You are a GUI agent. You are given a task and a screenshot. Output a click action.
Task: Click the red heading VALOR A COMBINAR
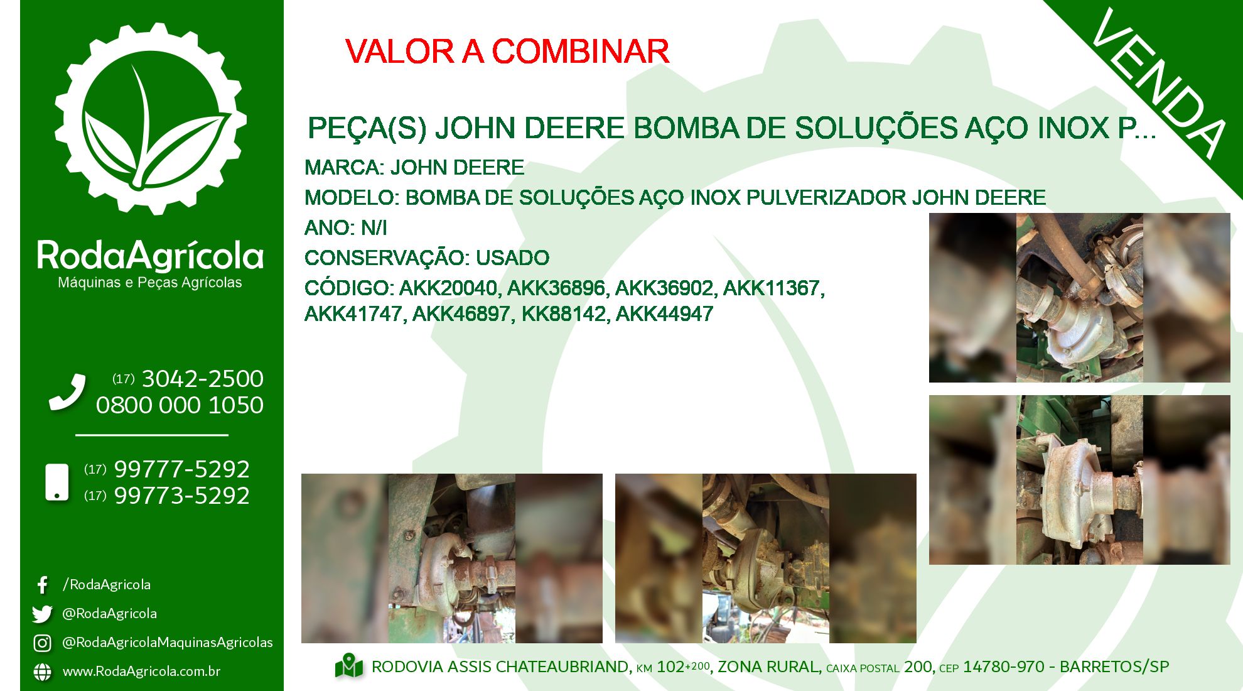click(507, 52)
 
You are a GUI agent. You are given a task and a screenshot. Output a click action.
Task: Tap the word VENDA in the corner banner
click(1158, 84)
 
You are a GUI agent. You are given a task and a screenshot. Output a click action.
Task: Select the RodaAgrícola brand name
click(150, 256)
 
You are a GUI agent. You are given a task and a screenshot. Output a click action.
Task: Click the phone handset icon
click(67, 393)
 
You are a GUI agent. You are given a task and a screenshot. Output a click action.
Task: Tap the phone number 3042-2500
click(203, 379)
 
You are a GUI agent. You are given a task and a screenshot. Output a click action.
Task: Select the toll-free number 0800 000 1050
click(180, 405)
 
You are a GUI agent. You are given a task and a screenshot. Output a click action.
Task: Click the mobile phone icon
click(57, 482)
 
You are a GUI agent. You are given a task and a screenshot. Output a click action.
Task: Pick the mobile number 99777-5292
click(182, 469)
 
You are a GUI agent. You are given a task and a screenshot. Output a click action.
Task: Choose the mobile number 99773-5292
click(182, 496)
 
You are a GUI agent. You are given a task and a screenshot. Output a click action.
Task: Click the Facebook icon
click(42, 585)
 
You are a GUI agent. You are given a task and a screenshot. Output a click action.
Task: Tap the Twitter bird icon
click(42, 614)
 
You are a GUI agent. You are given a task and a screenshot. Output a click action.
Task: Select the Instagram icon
click(42, 643)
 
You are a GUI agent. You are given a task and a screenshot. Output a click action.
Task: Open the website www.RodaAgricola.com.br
click(141, 672)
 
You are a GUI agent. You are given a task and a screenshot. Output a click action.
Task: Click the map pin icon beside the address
click(349, 667)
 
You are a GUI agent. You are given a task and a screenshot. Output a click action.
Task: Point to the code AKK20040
click(448, 288)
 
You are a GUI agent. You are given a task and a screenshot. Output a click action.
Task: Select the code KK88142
click(563, 314)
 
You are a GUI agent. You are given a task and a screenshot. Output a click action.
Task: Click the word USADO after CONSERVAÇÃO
click(512, 258)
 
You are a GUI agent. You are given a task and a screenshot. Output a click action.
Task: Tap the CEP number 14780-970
click(1003, 667)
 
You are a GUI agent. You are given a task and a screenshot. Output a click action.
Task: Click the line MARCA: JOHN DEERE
click(414, 168)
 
